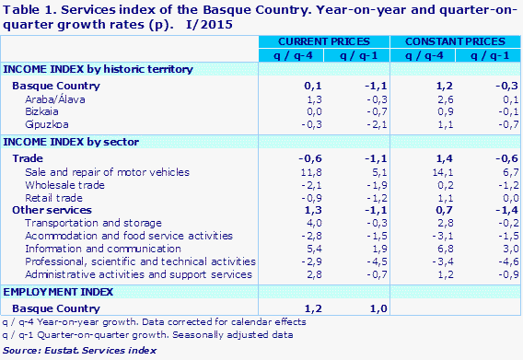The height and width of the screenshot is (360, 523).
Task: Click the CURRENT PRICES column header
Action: point(324,42)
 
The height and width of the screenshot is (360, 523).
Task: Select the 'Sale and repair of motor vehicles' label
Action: point(99,171)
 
